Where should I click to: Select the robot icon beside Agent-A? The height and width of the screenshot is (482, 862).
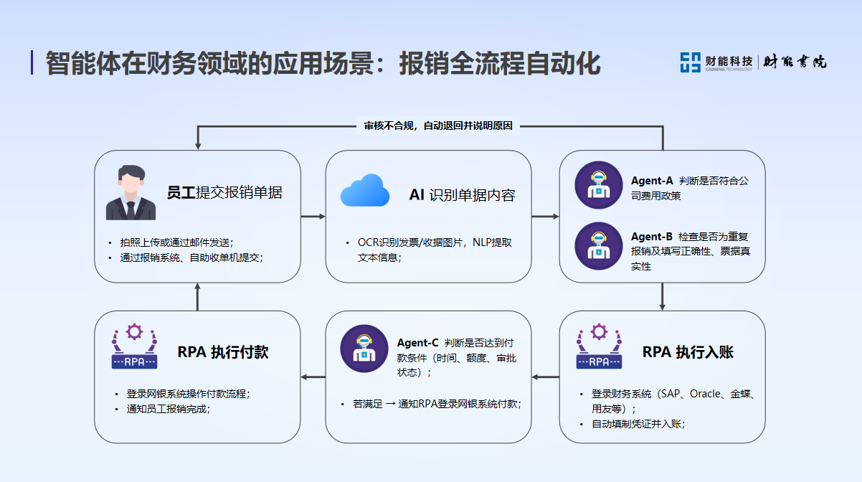[599, 185]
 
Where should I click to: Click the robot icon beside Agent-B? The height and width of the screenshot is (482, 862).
[599, 245]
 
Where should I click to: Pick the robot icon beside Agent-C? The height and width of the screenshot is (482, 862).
[364, 349]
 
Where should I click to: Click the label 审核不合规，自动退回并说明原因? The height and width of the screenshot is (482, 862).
[438, 126]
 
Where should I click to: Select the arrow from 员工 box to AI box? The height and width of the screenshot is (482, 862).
[313, 216]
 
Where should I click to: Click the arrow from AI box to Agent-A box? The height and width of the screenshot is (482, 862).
[545, 216]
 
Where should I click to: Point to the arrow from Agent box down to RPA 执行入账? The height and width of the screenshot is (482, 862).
[663, 296]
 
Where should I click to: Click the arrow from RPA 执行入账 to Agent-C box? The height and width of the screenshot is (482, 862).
[545, 377]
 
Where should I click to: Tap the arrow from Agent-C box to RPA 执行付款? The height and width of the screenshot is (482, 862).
[313, 377]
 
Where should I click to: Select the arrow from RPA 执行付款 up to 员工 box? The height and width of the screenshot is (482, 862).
[198, 296]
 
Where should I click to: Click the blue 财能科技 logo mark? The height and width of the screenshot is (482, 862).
[690, 62]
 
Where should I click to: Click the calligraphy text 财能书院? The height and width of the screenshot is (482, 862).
[794, 62]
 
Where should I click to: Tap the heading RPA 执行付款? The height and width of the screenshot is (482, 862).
[223, 352]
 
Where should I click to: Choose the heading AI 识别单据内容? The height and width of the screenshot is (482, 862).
[462, 195]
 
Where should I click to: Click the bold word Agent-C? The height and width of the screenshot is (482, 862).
[417, 343]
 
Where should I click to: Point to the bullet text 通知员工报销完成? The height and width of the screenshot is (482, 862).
[169, 409]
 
